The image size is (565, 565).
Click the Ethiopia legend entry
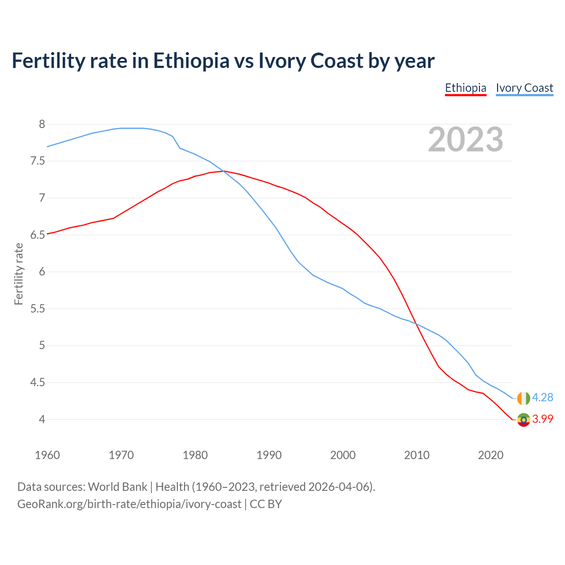465,88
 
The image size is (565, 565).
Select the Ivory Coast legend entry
524,88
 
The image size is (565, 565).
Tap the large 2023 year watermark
465,139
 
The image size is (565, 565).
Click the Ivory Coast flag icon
523,398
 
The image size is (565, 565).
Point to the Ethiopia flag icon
523,419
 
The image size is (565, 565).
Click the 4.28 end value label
542,397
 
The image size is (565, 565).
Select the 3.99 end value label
542,419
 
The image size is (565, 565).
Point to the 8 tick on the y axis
42,124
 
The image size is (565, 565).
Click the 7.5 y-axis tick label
38,161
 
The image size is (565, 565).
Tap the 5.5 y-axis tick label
38,309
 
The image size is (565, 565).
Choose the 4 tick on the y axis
42,419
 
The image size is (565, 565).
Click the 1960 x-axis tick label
47,455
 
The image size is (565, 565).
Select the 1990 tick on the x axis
269,455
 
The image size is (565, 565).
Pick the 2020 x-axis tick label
490,455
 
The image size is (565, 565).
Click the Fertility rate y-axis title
19,274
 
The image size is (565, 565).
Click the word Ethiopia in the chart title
191,60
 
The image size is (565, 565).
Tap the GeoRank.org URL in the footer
129,504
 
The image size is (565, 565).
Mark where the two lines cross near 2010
416,324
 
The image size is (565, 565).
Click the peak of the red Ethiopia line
224,171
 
